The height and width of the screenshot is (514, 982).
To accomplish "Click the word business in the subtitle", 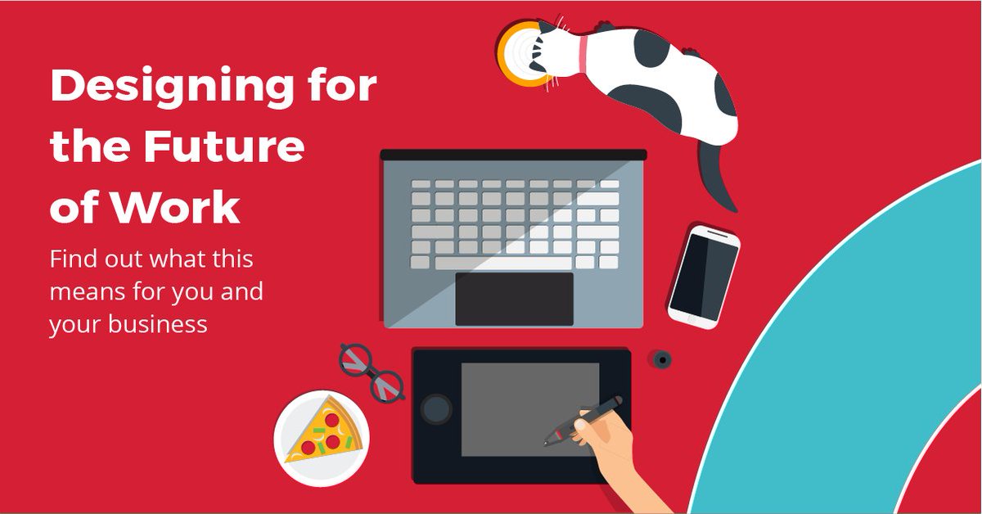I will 161,323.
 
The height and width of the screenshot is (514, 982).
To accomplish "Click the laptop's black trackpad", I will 514,299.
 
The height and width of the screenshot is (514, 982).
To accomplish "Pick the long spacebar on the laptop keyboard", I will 502,263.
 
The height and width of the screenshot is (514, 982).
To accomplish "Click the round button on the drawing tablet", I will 436,408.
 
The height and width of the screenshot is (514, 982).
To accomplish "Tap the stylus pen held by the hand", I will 585,420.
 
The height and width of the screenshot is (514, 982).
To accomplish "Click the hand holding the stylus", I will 606,446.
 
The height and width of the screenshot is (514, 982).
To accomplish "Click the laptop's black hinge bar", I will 513,154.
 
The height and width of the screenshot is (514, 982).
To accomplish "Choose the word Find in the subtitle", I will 71,260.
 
